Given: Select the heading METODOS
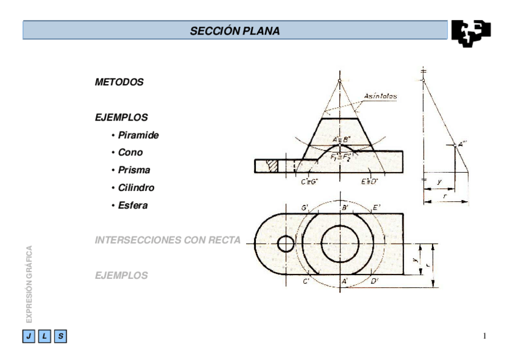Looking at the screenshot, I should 119,82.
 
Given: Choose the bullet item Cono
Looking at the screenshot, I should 130,152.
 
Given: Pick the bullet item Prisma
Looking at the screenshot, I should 134,170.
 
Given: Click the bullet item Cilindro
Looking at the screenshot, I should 136,188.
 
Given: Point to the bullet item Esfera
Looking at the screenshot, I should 132,205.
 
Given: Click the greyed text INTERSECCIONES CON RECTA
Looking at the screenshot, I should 168,240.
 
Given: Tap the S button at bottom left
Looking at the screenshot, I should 61,336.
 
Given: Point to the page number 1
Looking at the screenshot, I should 485,336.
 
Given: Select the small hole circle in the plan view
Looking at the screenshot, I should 285,244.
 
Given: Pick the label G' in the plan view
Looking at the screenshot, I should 306,208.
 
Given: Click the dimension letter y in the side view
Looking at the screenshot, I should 438,181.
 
